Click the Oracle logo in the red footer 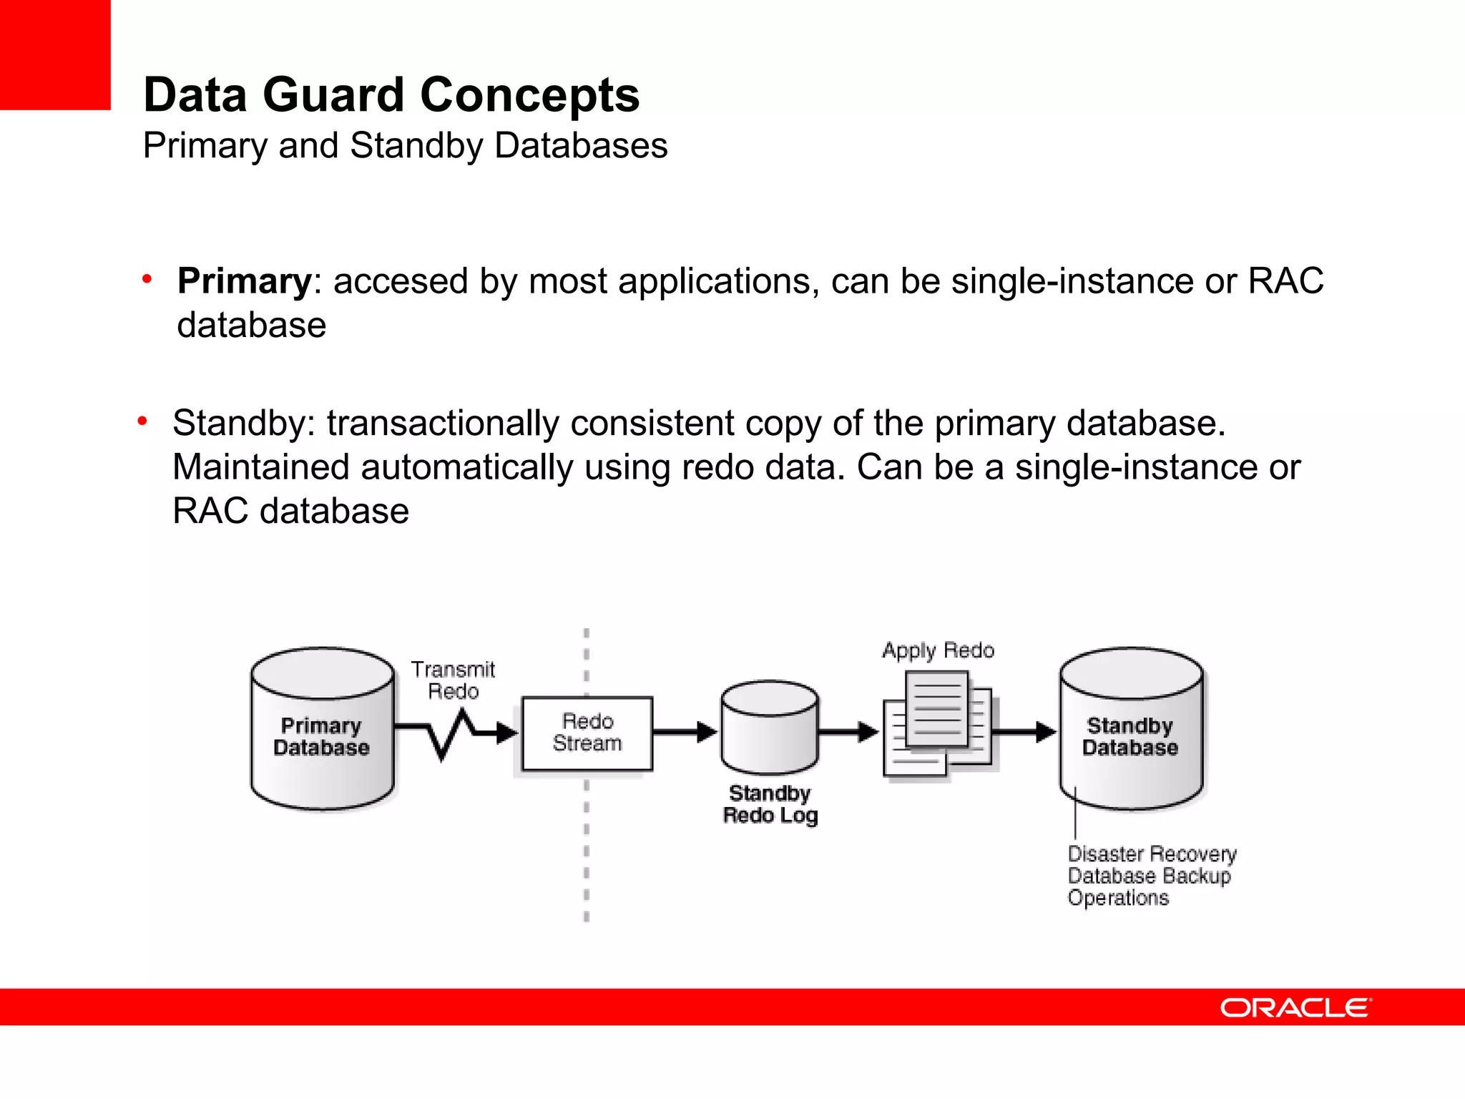tap(1295, 1007)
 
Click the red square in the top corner tap(55, 54)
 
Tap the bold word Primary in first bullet tap(244, 280)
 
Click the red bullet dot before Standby tap(142, 422)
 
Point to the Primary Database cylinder tap(322, 730)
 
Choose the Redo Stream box tap(587, 733)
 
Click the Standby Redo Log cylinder tap(770, 728)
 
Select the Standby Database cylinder tap(1131, 730)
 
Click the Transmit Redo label tap(453, 680)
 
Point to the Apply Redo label tap(938, 650)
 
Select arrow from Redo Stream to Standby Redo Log tap(685, 732)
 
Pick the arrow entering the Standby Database tap(1024, 732)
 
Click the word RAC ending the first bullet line tap(1285, 280)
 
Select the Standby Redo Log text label tap(770, 804)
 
